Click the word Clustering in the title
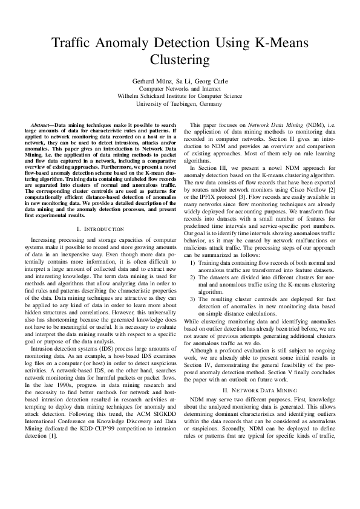(x=180, y=60)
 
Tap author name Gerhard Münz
(x=152, y=80)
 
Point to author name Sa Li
(x=183, y=80)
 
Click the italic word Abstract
(x=41, y=123)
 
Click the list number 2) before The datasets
(x=193, y=294)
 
